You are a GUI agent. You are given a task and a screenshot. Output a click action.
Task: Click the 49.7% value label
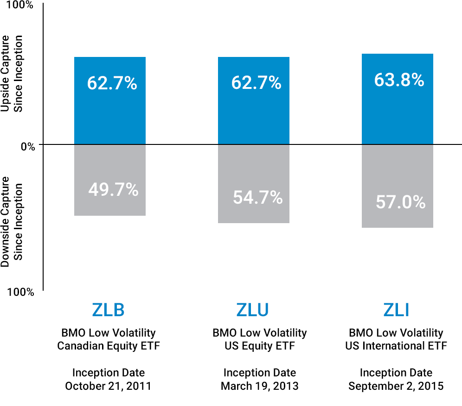tap(113, 189)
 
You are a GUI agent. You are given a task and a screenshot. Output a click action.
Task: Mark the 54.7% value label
tap(257, 198)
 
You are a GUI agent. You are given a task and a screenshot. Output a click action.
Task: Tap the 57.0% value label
tap(400, 202)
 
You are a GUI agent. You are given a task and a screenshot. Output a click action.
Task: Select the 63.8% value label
tap(399, 80)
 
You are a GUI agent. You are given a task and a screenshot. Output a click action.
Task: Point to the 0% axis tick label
tap(27, 146)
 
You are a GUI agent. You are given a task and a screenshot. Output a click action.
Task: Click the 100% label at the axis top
tap(20, 6)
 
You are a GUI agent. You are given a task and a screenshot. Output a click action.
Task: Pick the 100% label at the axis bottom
tap(20, 292)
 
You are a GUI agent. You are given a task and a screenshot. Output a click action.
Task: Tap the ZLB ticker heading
tap(108, 310)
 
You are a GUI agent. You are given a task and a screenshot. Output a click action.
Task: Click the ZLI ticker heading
tap(396, 310)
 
